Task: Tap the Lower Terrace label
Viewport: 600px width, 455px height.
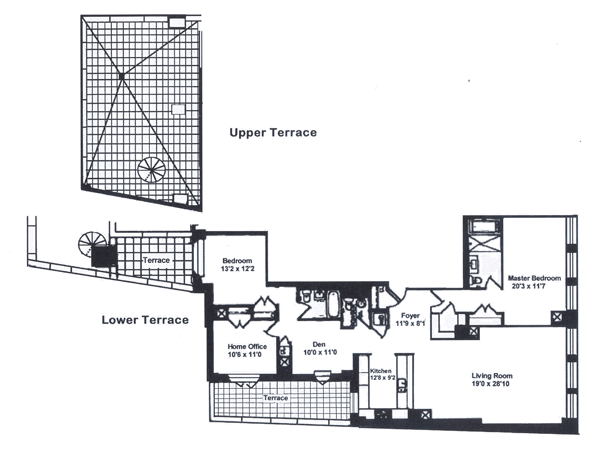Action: point(145,320)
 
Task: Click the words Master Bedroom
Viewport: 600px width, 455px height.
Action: point(533,277)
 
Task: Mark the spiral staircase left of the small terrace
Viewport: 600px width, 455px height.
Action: point(91,245)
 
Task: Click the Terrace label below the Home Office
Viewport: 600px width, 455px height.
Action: point(275,397)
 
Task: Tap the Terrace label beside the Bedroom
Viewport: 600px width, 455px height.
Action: point(155,260)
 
